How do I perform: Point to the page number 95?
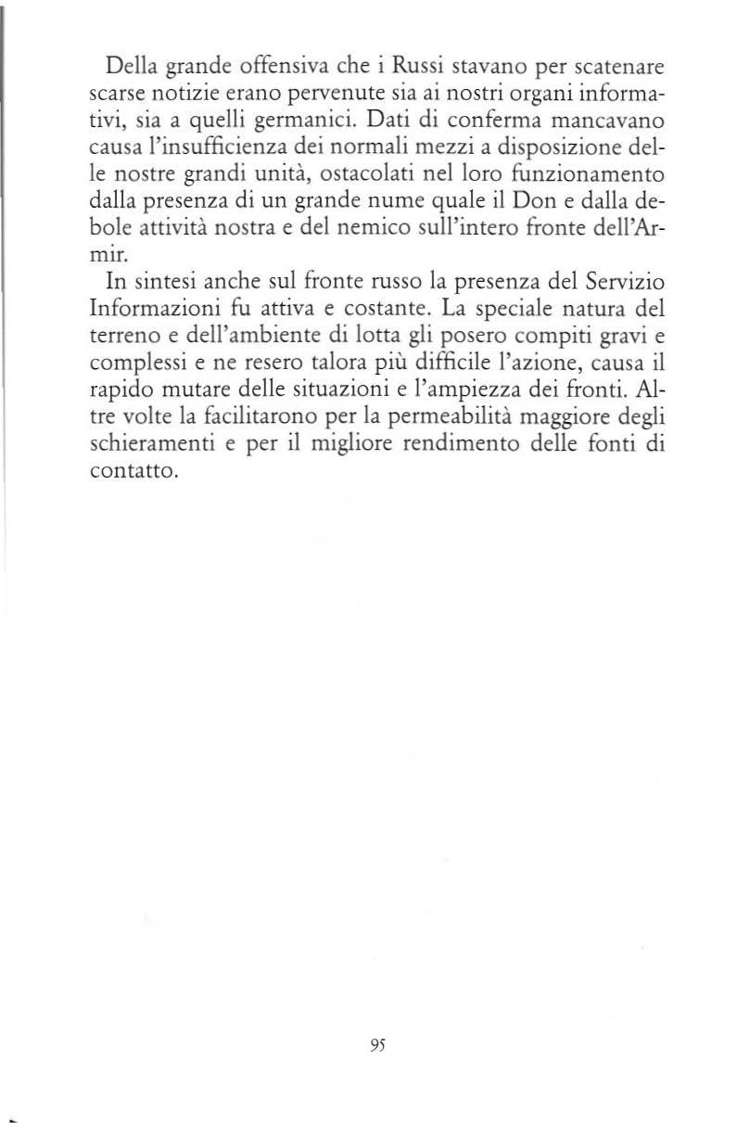pos(376,1041)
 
